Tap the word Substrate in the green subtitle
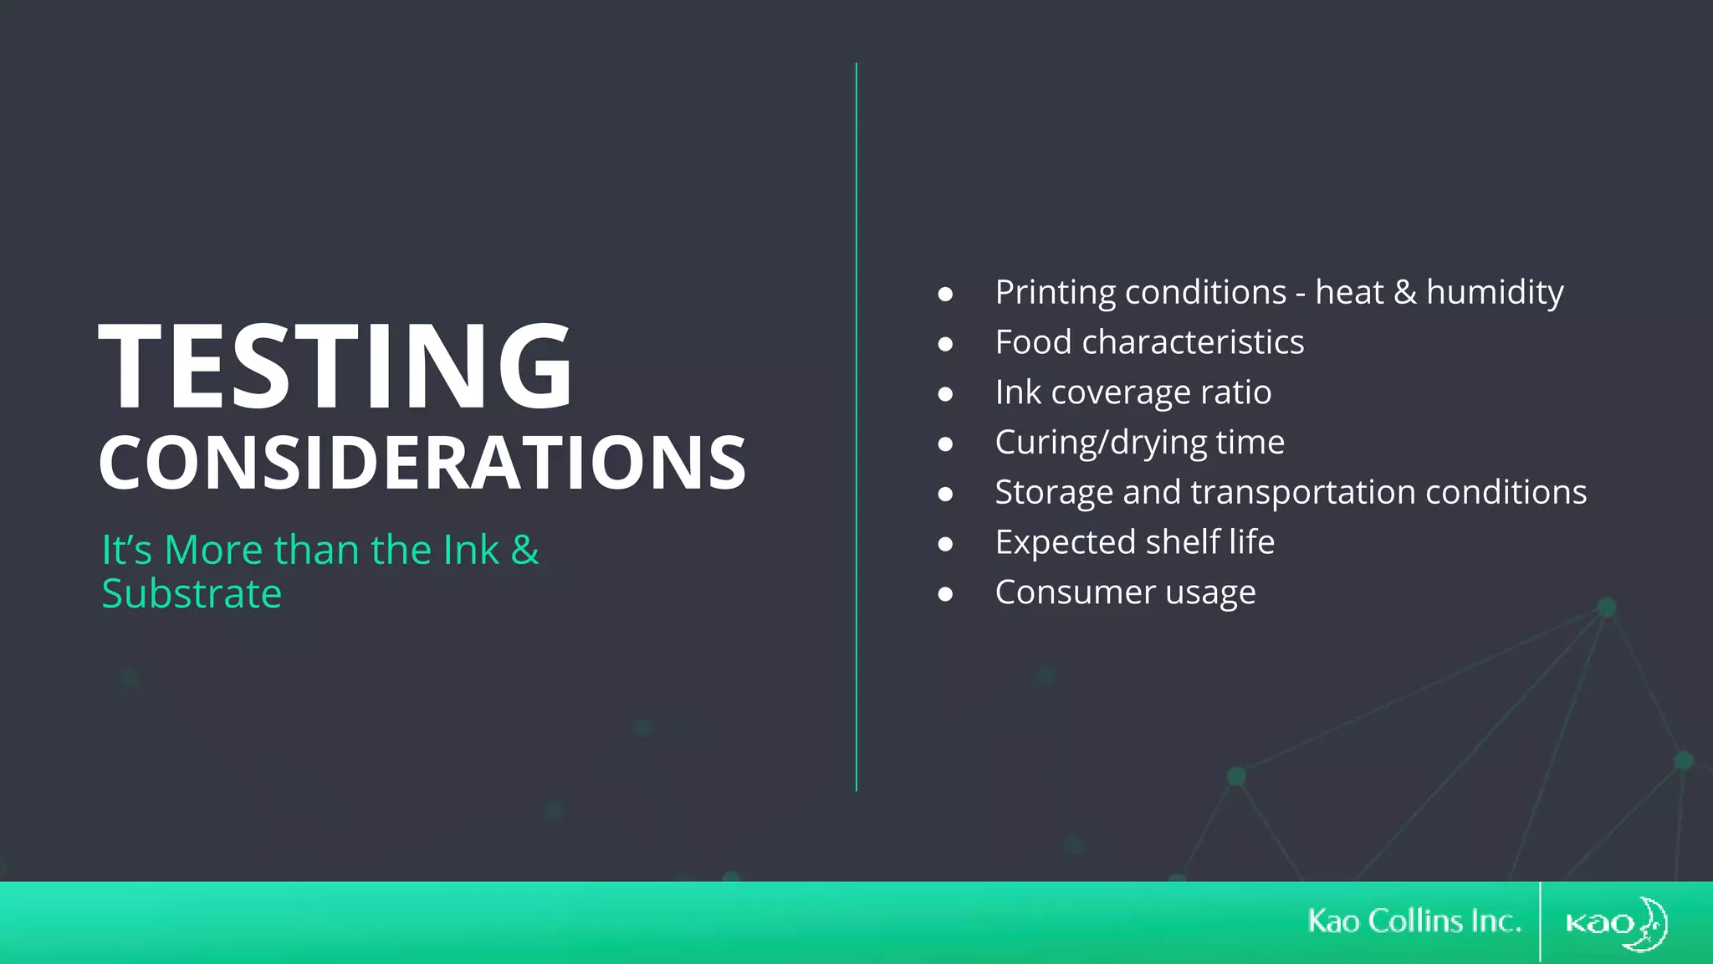192,594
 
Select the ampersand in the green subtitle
525,550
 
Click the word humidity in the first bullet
1495,293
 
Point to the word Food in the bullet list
1033,342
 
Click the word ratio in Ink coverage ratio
1235,392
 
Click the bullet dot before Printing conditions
945,294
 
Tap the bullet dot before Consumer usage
945,594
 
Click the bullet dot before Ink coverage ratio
945,394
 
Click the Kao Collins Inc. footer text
1414,921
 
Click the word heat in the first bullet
1349,293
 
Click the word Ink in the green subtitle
471,550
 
